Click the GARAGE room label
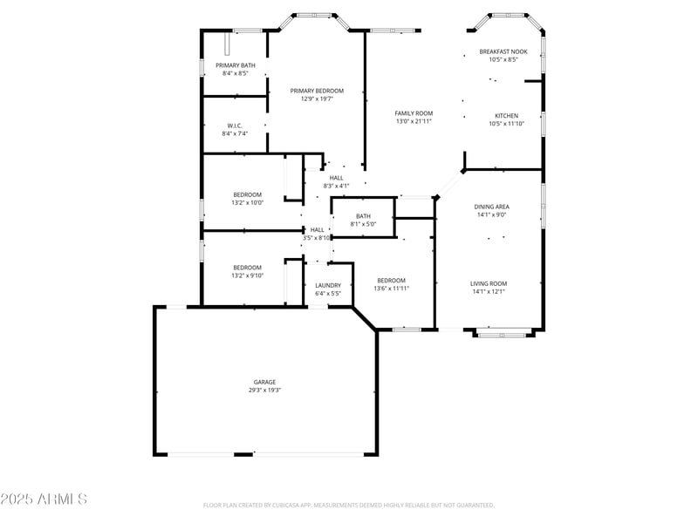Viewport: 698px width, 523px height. point(264,382)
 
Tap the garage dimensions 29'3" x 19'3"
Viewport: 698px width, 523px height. point(264,391)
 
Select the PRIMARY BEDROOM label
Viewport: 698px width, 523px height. point(317,91)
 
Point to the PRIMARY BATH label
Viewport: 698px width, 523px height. point(236,65)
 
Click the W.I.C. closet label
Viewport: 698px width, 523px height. point(236,126)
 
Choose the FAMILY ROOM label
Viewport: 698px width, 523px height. point(414,113)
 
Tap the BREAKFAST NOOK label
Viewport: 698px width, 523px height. point(503,52)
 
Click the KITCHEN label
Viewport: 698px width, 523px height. point(506,116)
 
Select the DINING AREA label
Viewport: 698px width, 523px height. point(491,207)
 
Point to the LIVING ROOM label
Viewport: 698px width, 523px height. point(489,283)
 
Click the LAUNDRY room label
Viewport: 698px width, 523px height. point(328,285)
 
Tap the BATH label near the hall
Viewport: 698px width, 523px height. point(363,216)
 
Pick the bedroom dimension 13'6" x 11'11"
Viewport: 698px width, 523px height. point(391,289)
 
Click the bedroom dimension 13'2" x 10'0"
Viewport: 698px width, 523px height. point(247,202)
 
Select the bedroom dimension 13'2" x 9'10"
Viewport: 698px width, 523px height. point(247,275)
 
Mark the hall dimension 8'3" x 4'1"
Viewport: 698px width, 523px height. point(336,186)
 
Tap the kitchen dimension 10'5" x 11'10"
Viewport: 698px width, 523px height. point(506,124)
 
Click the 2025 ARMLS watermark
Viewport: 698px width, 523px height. point(44,499)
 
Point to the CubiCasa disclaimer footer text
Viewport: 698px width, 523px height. point(349,505)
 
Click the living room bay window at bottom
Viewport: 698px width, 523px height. point(503,332)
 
